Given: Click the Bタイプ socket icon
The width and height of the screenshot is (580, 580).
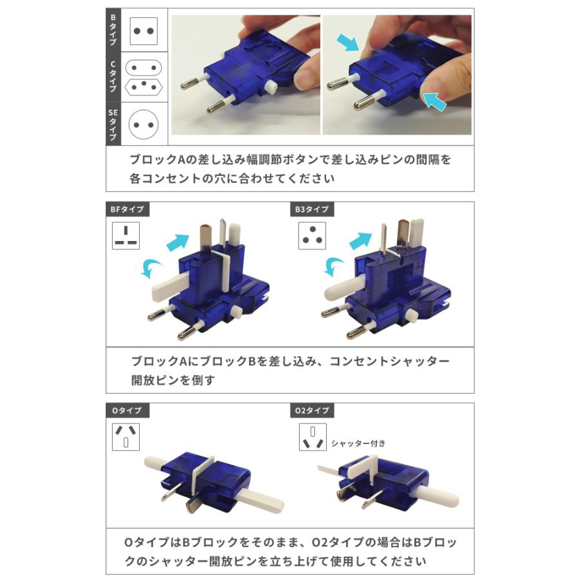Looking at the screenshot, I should click(144, 30).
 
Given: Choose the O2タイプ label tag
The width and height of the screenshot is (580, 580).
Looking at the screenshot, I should click(313, 411).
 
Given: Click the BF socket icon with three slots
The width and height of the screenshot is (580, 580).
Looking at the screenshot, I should click(126, 235).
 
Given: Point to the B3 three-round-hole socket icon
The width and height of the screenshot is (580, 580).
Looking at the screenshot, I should click(313, 235).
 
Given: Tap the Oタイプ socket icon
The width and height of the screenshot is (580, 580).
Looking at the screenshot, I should click(126, 436).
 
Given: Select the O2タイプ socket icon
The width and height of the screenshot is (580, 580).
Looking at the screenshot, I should click(313, 436).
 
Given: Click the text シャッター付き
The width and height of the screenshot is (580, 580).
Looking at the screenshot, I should click(358, 443).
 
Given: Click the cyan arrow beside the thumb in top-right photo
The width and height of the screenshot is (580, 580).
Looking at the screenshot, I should click(436, 101).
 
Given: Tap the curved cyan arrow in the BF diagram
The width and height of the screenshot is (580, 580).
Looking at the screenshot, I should click(151, 267).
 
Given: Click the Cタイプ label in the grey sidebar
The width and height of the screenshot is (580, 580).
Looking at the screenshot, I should click(113, 76).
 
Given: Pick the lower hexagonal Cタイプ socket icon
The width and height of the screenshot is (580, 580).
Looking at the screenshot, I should click(144, 86).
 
